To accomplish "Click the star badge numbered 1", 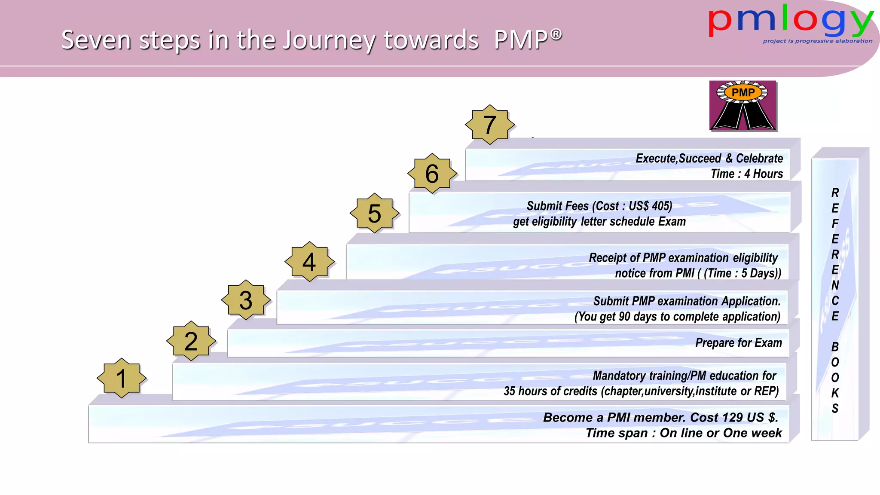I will click(x=122, y=378).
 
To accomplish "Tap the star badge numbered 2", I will click(x=191, y=341).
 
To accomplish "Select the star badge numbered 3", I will click(x=246, y=300).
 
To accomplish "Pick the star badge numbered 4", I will click(x=309, y=262).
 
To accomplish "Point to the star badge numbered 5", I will click(x=375, y=213).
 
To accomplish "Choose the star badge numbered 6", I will click(x=432, y=174).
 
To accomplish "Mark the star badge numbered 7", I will click(x=490, y=125).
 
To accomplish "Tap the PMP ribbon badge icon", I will click(x=743, y=106).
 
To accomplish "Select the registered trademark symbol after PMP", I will click(x=556, y=34).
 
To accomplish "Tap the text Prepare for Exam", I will click(x=738, y=343).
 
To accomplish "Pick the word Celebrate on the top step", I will click(x=759, y=159).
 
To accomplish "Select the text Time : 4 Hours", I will click(x=747, y=174).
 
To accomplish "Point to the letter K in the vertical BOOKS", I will click(x=835, y=393).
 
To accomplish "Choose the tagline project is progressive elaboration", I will click(x=817, y=41).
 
